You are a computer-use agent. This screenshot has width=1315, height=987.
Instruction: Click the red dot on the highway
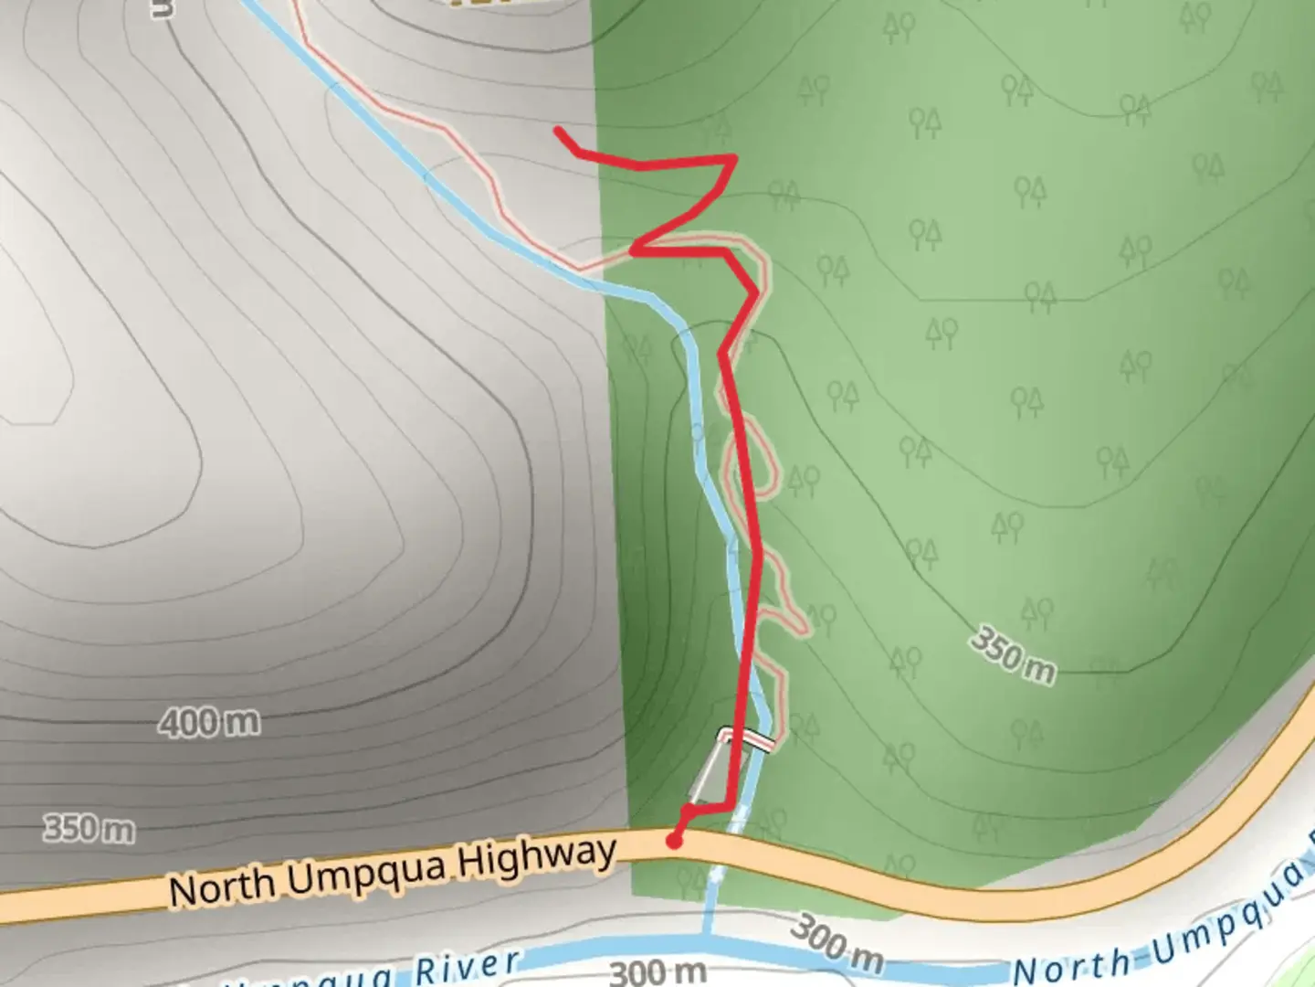click(674, 841)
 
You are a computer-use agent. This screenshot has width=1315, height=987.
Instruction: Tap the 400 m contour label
click(209, 723)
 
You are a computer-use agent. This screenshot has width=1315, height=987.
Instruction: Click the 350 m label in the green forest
click(1013, 655)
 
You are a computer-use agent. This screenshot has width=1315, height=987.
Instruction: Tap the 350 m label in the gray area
click(89, 829)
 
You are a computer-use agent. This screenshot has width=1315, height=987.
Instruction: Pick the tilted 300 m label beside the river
click(836, 943)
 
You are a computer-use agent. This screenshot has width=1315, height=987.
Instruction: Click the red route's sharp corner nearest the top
click(734, 158)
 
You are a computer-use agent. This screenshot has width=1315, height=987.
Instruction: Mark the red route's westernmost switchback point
click(633, 246)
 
